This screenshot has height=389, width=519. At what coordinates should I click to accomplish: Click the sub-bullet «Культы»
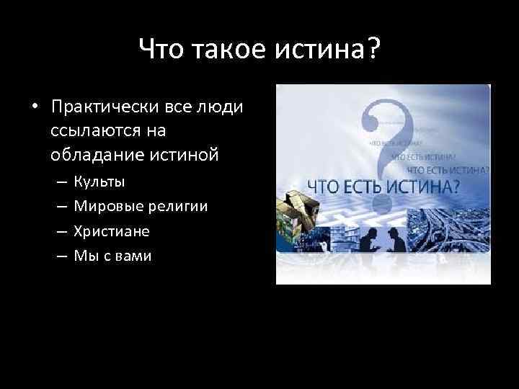[x=99, y=181]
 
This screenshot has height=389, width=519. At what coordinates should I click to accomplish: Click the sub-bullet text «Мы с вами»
[x=113, y=256]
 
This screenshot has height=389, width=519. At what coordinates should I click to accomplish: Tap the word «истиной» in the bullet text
[x=185, y=156]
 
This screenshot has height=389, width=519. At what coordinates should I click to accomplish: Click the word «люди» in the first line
[x=223, y=107]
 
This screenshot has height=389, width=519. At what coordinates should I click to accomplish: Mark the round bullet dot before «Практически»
[x=33, y=108]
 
